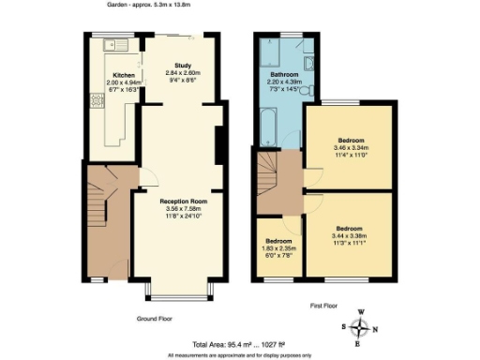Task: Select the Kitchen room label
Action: [125, 74]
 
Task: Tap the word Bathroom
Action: [284, 74]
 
